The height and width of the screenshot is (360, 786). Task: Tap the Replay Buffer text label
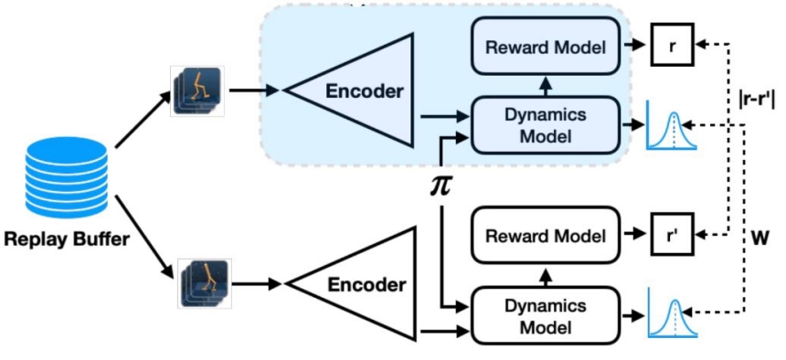click(66, 240)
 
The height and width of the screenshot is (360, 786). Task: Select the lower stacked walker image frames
click(207, 284)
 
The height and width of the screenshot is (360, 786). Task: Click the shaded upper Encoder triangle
click(349, 90)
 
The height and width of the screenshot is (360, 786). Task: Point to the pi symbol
click(441, 186)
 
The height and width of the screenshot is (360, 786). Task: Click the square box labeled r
click(672, 45)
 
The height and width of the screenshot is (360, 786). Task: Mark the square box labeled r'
click(672, 234)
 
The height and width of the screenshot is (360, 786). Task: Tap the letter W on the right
click(759, 238)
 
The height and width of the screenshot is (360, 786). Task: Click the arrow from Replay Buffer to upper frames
click(143, 121)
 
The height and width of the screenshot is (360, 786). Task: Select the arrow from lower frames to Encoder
click(257, 284)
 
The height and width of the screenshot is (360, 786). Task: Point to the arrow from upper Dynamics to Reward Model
click(544, 86)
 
